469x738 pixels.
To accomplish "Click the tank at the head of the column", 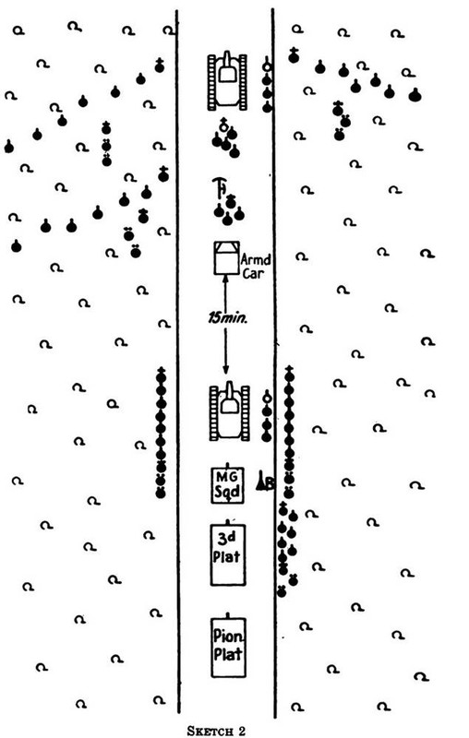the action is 227,81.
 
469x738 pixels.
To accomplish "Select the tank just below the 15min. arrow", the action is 229,412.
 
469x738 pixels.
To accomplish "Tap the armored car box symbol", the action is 226,257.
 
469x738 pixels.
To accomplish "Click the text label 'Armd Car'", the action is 256,266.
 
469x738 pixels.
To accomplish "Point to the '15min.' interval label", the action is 228,318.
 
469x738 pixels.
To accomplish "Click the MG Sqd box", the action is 228,485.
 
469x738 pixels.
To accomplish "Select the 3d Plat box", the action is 228,555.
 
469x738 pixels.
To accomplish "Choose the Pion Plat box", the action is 228,648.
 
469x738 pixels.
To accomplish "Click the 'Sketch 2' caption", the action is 217,731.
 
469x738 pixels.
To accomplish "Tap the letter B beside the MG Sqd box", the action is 270,483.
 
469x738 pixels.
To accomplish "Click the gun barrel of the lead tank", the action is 227,60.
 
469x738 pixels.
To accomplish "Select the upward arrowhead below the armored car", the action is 225,280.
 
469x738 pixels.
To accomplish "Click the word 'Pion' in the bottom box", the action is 228,637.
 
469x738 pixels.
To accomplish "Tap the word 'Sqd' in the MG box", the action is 228,493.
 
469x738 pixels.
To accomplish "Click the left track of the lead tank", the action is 211,82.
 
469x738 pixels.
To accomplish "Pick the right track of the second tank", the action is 246,413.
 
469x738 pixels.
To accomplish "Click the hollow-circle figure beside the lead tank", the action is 267,66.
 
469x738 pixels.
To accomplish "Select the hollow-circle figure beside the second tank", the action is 267,399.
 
